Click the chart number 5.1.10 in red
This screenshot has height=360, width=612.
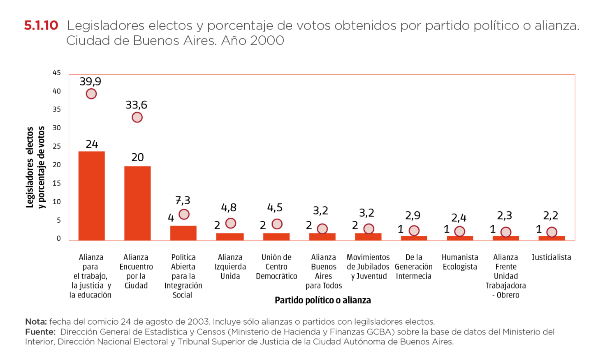coord(41,25)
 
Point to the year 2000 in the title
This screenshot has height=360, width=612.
coord(267,41)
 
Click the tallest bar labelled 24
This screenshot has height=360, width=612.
coord(92,195)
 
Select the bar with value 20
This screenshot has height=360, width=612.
coord(137,203)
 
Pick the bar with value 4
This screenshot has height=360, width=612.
coord(183,233)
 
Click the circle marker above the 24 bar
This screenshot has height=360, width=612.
coord(91,94)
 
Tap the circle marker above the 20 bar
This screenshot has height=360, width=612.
coord(137,118)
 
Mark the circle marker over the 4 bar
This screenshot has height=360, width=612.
coord(184,214)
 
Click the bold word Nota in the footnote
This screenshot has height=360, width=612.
coord(36,322)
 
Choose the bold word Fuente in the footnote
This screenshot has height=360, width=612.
coord(40,332)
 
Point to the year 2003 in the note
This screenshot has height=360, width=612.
coord(198,322)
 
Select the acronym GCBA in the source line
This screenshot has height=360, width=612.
coord(382,332)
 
